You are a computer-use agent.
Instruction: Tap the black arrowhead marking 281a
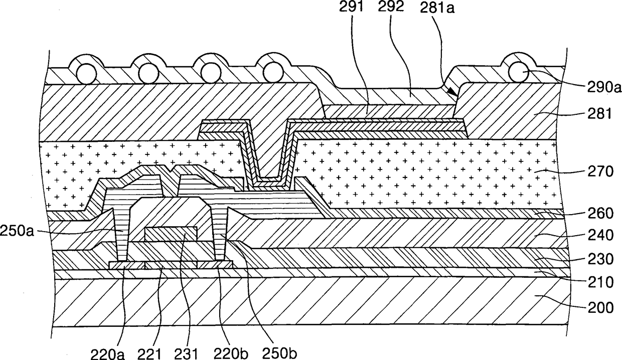pyautogui.click(x=452, y=92)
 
